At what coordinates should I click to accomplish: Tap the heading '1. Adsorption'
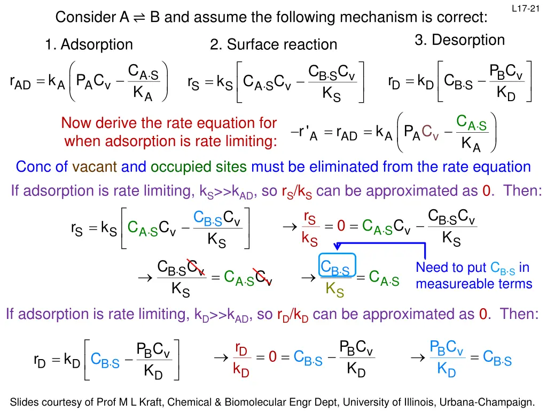click(89, 44)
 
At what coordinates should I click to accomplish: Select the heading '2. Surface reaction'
click(273, 44)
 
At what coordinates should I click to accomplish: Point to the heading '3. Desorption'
click(459, 40)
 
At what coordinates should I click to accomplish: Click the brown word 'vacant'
click(95, 167)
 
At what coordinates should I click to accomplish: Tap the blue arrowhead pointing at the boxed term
click(337, 246)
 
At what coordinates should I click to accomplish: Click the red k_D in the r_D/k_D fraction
click(241, 370)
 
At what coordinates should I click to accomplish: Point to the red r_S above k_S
click(309, 218)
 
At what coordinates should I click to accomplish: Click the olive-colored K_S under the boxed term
click(335, 291)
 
